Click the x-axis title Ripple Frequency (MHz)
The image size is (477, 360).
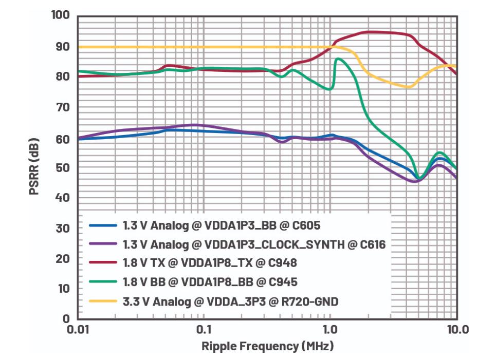coord(267,346)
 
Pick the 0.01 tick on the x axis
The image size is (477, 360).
coord(78,329)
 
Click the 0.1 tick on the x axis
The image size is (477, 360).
coord(204,329)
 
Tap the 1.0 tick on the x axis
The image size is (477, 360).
coord(329,329)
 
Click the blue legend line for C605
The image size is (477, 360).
coord(103,225)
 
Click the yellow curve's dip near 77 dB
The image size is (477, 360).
coord(409,87)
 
